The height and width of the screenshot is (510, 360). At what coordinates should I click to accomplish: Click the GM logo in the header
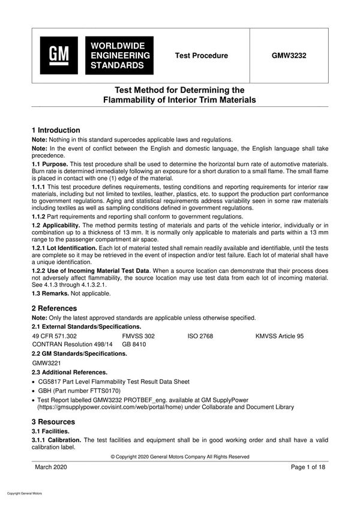pos(59,55)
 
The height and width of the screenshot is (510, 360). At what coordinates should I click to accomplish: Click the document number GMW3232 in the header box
pos(289,56)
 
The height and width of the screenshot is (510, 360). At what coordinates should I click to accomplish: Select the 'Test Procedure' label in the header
pos(201,56)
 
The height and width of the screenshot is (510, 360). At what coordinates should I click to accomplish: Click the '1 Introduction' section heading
pos(56,130)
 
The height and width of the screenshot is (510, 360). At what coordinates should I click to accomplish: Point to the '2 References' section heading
pos(54,308)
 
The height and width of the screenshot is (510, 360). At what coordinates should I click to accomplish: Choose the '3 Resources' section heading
pos(53,422)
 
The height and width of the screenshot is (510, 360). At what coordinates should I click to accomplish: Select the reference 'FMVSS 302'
pos(138,336)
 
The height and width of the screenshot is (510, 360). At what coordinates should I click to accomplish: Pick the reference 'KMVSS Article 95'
pos(279,336)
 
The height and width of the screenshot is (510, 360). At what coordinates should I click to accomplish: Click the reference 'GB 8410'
pos(134,345)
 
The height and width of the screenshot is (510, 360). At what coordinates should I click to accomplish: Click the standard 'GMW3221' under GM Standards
pos(47,363)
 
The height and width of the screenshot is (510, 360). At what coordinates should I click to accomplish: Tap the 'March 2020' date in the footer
pos(51,467)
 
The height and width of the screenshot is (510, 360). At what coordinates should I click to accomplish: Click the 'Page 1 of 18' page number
pos(307,467)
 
